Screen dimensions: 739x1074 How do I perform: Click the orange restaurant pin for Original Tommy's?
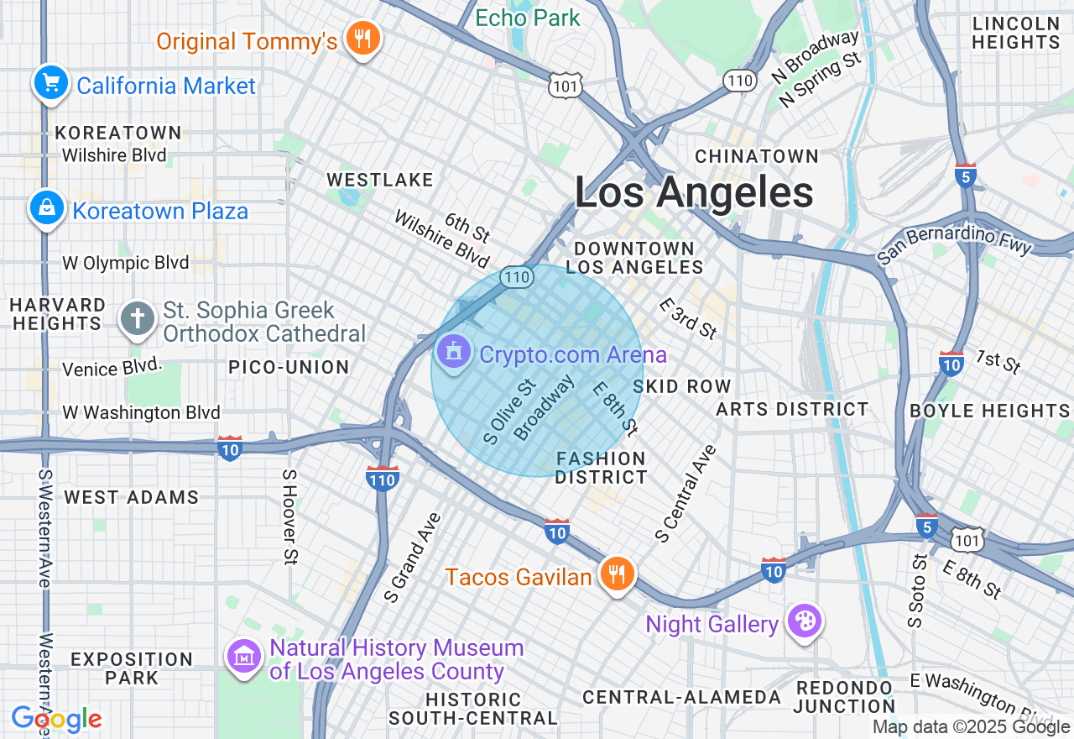coord(362,39)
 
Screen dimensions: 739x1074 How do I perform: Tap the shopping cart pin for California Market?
coord(51,83)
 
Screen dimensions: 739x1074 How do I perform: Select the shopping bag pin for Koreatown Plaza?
coord(46,207)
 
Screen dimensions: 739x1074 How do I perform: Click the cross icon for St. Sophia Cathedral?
coord(138,319)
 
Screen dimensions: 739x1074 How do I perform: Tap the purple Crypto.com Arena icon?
coord(455,352)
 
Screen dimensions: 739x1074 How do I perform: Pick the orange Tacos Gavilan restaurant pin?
coord(618,574)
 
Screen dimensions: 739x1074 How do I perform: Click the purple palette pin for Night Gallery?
coord(805,622)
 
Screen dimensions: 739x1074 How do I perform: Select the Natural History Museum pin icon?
coord(244,655)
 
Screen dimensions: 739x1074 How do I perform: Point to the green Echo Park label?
coord(527,18)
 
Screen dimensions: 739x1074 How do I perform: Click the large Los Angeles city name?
coord(694,192)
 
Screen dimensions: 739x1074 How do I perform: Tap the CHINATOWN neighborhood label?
coord(757,156)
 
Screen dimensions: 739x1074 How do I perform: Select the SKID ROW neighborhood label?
coord(682,386)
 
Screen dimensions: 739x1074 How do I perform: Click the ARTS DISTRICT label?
coord(792,409)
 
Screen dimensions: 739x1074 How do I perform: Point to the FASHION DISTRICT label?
coord(602,468)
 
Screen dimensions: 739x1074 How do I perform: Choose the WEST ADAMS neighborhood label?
coord(132,497)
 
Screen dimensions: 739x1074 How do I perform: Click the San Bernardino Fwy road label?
coord(955,244)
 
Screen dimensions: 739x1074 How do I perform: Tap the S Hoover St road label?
coord(289,516)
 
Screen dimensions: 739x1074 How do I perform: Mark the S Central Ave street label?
coord(686,494)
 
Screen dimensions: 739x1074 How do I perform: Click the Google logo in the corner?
coord(56,719)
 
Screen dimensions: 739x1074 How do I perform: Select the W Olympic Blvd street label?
coord(126,263)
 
